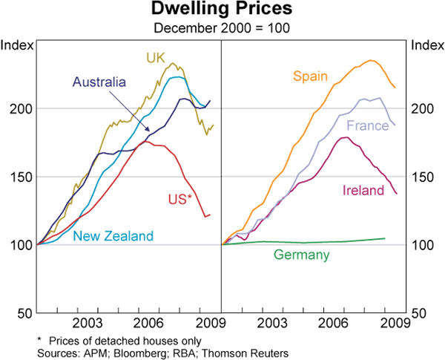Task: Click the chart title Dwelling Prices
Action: tap(222, 10)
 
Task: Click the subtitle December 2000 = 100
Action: tap(222, 27)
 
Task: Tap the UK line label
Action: tap(155, 57)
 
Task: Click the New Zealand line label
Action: tap(113, 236)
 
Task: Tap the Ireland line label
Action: tap(363, 190)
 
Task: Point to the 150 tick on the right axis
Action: tap(419, 177)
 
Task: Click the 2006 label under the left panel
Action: tap(148, 323)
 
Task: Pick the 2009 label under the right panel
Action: tap(393, 323)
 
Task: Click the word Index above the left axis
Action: tap(16, 46)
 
